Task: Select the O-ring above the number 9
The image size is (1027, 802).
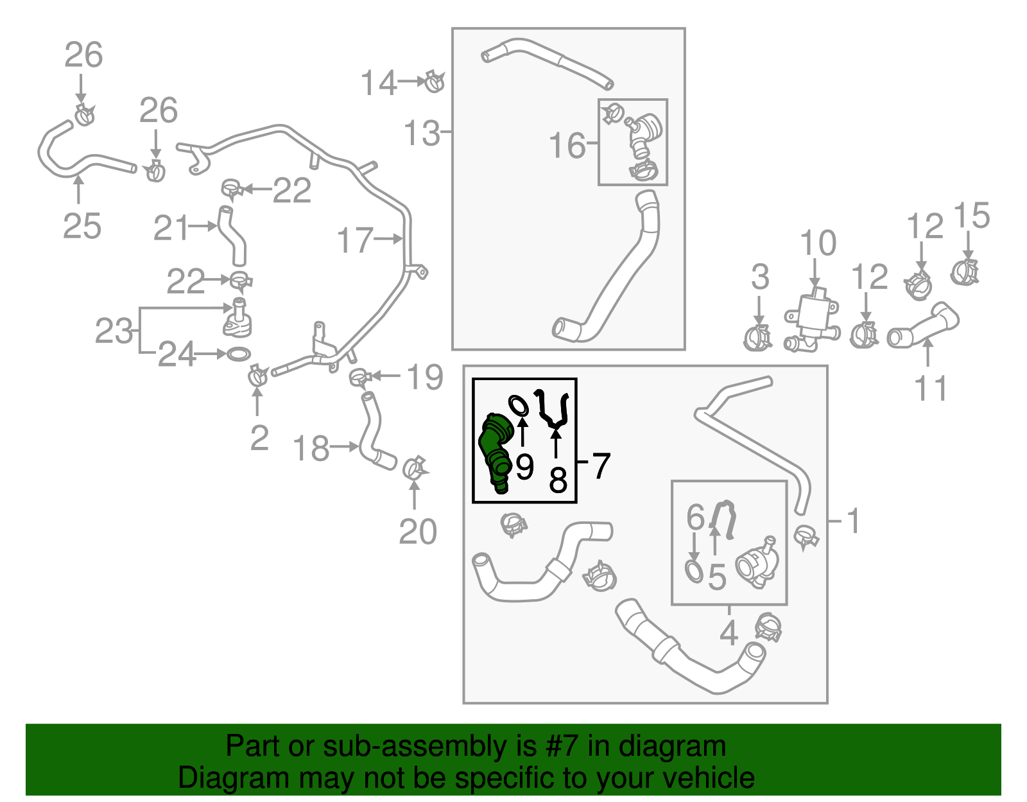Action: pyautogui.click(x=519, y=405)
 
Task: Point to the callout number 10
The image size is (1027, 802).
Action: pyautogui.click(x=818, y=243)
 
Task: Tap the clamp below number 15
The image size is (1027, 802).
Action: pyautogui.click(x=965, y=272)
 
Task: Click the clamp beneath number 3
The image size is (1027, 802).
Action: pyautogui.click(x=757, y=338)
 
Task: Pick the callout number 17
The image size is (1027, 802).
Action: pyautogui.click(x=354, y=240)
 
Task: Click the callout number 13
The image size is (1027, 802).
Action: pyautogui.click(x=422, y=134)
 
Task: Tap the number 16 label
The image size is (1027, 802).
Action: pyautogui.click(x=567, y=145)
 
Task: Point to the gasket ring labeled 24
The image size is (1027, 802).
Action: pyautogui.click(x=238, y=354)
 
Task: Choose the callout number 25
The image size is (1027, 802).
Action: pyautogui.click(x=82, y=226)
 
